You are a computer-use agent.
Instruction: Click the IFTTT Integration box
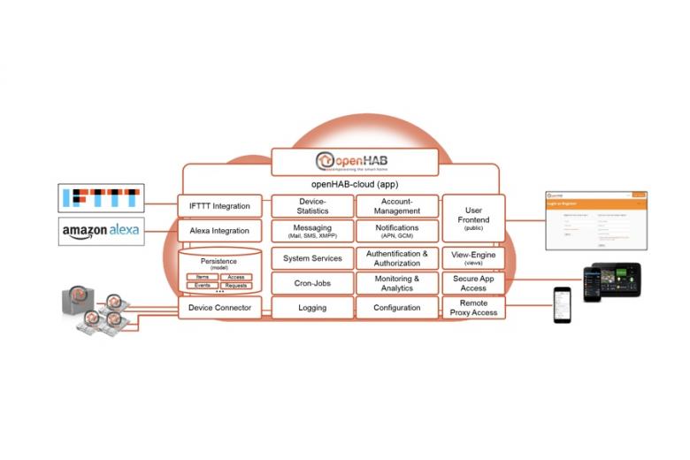tap(219, 206)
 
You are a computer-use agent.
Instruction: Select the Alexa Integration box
tap(219, 231)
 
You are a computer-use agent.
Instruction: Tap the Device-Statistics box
tap(312, 206)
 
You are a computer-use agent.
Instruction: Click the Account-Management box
tap(397, 206)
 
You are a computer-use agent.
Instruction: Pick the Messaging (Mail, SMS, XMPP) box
tap(312, 232)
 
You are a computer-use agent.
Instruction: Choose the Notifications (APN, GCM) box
tap(397, 232)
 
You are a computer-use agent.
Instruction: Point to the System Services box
tap(312, 258)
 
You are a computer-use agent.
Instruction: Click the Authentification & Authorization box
tap(397, 258)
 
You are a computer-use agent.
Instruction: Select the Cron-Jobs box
tap(312, 283)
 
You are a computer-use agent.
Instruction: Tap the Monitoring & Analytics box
tap(397, 283)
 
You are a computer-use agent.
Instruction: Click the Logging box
tap(312, 308)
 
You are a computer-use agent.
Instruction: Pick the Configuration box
tap(397, 308)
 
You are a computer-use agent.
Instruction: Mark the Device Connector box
tap(219, 308)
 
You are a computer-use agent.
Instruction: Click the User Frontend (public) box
tap(472, 218)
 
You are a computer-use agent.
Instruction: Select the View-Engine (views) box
tap(472, 258)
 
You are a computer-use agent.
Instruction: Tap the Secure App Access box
tap(472, 283)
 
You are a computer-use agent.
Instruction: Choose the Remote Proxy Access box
tap(472, 308)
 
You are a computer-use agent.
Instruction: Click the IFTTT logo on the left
tap(99, 198)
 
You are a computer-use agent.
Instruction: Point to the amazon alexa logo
tap(99, 231)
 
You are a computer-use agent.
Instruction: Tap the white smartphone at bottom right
tap(563, 304)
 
